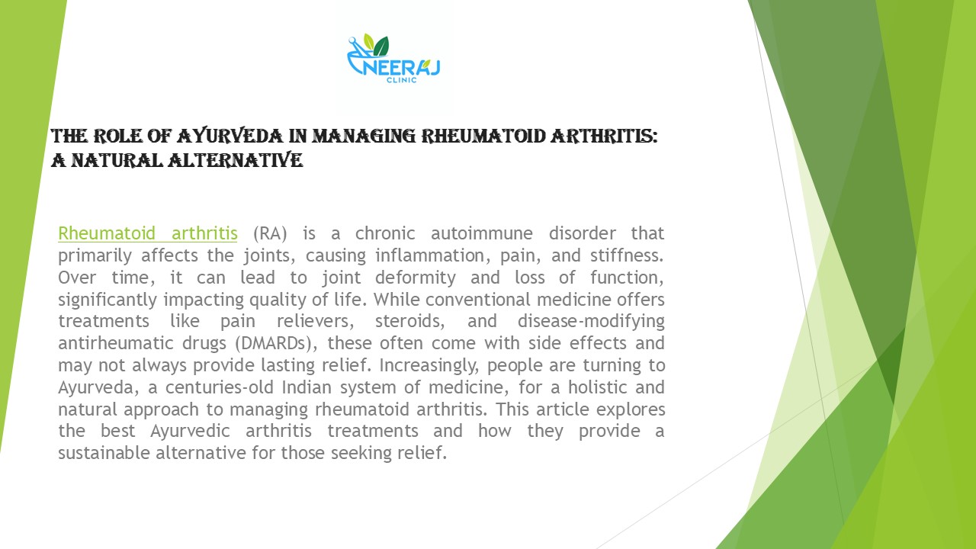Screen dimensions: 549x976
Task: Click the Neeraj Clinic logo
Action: (393, 59)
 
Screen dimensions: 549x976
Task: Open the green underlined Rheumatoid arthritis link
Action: (147, 233)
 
